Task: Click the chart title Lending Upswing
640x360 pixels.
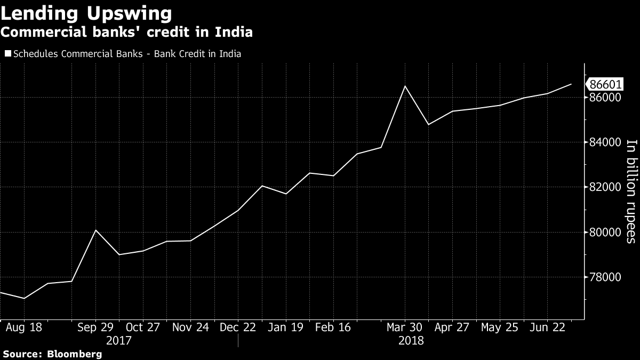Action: [x=86, y=12]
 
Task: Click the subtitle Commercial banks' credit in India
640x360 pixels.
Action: [x=126, y=32]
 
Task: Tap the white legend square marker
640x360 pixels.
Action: [x=7, y=54]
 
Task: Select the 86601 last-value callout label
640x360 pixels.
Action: [x=605, y=84]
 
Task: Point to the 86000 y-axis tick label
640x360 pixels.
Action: [x=605, y=98]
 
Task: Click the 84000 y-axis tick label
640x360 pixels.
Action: [x=605, y=142]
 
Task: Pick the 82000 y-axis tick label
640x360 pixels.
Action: [x=605, y=187]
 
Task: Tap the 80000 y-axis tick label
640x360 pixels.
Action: [x=605, y=232]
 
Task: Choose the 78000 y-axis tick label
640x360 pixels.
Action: [x=605, y=277]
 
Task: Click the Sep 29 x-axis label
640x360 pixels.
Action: [x=95, y=327]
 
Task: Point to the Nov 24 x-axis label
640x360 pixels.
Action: [x=190, y=327]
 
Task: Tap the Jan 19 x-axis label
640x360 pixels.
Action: [x=286, y=327]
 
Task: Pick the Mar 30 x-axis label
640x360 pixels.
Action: [x=405, y=327]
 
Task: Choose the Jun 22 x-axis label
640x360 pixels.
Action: [x=548, y=327]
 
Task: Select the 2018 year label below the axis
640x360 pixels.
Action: [x=410, y=340]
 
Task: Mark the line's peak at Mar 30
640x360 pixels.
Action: [x=405, y=86]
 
